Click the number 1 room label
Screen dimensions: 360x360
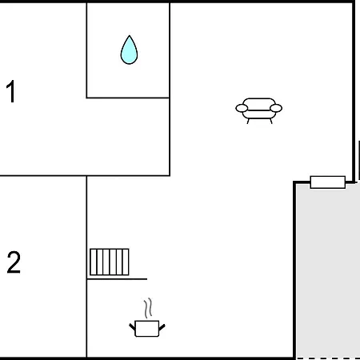(11, 91)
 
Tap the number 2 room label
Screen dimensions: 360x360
(14, 262)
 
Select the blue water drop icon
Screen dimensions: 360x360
(129, 50)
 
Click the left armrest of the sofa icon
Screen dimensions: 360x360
(242, 108)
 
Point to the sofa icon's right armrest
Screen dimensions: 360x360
(276, 108)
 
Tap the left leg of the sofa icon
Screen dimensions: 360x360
(248, 122)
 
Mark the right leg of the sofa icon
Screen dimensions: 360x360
(271, 122)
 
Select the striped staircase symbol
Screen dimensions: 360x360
(110, 262)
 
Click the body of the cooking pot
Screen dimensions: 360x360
(147, 329)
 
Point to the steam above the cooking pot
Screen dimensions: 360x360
(148, 308)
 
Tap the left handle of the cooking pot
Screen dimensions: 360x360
(132, 326)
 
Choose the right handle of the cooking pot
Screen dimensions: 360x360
(162, 327)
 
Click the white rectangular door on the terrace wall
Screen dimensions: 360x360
(328, 182)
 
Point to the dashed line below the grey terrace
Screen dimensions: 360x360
(328, 358)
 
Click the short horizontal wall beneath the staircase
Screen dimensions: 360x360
(117, 279)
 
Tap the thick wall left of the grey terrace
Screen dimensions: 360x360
(294, 270)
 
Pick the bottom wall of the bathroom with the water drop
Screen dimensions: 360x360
(128, 98)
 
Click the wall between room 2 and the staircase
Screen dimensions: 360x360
(86, 266)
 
